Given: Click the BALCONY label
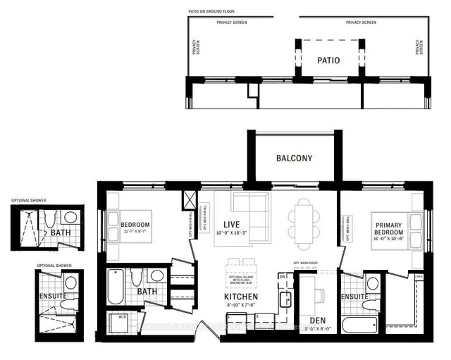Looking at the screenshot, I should pos(294,159).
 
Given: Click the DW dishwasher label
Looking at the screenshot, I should pos(283,278).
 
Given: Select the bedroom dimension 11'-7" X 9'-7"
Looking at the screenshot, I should pos(137,231).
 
